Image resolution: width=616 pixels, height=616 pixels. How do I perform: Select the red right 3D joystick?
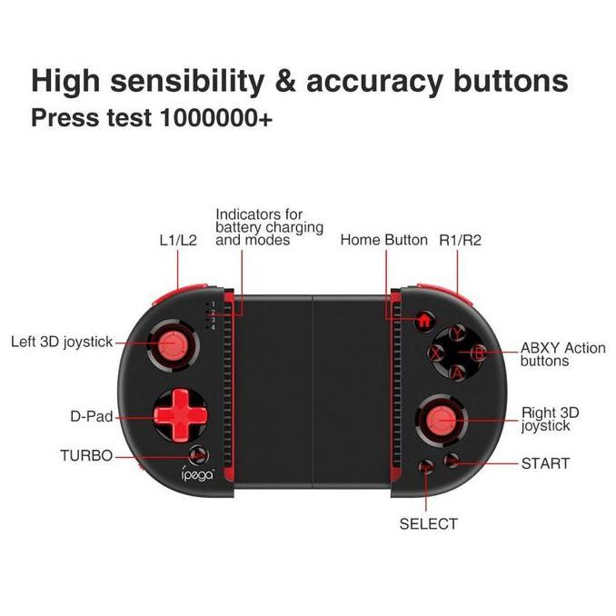pyautogui.click(x=440, y=419)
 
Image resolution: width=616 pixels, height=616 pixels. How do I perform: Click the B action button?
pyautogui.click(x=479, y=353)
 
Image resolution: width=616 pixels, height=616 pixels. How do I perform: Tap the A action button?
pyautogui.click(x=458, y=372)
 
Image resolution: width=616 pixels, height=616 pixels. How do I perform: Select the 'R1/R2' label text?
pyautogui.click(x=460, y=240)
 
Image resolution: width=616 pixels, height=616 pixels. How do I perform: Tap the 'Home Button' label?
pyautogui.click(x=383, y=240)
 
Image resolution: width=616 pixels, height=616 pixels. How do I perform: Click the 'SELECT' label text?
pyautogui.click(x=428, y=523)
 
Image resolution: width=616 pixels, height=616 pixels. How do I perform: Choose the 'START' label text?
pyautogui.click(x=545, y=463)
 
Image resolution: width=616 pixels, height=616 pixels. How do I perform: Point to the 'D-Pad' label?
pyautogui.click(x=92, y=417)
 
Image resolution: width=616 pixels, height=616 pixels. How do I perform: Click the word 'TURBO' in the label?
pyautogui.click(x=86, y=456)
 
